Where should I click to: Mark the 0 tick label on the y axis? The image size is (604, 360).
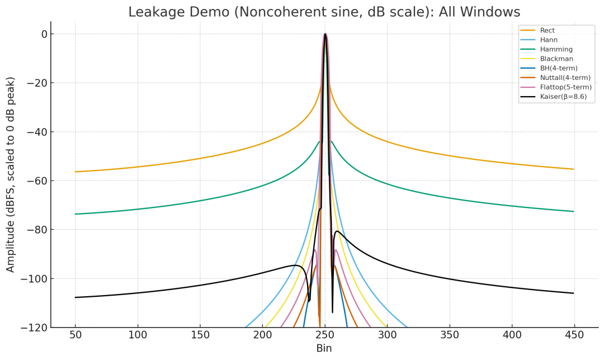(x=43, y=34)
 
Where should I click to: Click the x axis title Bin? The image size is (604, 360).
(x=324, y=349)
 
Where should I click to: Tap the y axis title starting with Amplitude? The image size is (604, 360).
(x=11, y=174)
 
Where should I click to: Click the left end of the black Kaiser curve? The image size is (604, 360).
(x=75, y=297)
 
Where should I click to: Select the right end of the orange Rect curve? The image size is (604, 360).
(x=573, y=169)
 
